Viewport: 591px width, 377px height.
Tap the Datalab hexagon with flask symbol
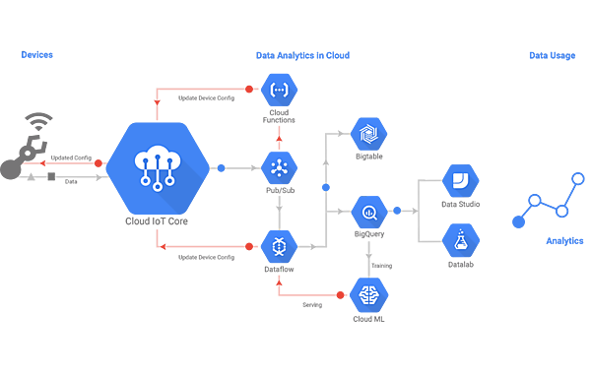click(x=460, y=240)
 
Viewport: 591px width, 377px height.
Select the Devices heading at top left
click(x=36, y=55)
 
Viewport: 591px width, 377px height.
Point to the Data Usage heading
click(x=547, y=55)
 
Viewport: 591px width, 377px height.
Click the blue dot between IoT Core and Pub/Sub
click(x=223, y=167)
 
